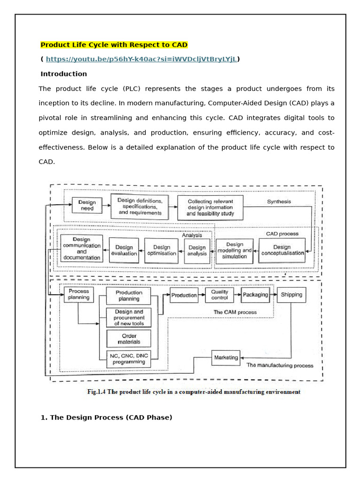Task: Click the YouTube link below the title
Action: coord(141,59)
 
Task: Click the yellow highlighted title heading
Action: coord(114,45)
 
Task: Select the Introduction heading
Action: coord(63,74)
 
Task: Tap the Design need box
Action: coord(86,205)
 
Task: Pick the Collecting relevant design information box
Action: coord(210,207)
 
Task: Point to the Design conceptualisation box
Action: coord(282,250)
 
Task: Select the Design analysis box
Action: coord(197,250)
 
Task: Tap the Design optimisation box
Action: coord(161,250)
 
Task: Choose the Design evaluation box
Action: coord(124,250)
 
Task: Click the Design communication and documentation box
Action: coord(81,249)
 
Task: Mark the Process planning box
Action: coord(78,295)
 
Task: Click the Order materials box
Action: coord(129,339)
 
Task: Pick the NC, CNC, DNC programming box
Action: coord(129,359)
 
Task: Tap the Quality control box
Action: coord(220,295)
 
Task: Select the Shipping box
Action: coord(291,295)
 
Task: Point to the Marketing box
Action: coord(226,358)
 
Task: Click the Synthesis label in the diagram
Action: coord(279,202)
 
